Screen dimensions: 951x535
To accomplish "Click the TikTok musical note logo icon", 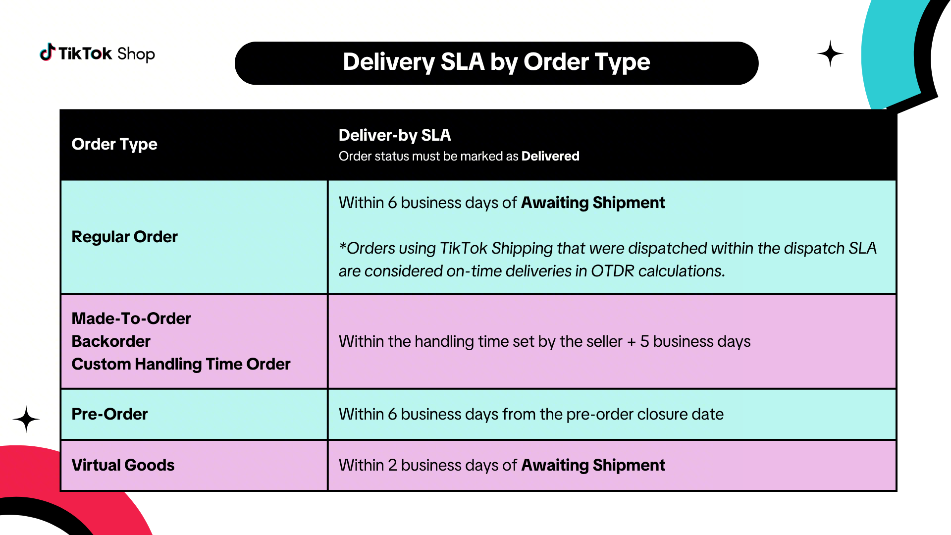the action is [47, 52].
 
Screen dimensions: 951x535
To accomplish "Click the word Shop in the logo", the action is [136, 54].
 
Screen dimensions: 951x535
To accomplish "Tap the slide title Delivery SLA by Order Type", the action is [496, 62].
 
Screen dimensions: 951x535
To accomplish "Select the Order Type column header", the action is [114, 144].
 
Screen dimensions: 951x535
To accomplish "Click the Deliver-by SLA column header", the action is [395, 135].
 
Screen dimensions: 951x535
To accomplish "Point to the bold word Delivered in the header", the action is [550, 156].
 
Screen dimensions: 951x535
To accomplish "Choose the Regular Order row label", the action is [124, 237].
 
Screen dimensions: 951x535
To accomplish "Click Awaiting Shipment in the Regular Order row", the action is [593, 203].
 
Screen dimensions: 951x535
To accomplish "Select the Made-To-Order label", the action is [131, 319].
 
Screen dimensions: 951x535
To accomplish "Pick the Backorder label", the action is [111, 341].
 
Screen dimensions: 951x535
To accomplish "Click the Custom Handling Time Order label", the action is [181, 364].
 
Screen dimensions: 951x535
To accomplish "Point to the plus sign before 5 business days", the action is [631, 342].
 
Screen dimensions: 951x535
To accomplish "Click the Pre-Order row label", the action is [109, 414].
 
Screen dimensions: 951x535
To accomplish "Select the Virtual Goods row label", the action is [123, 465].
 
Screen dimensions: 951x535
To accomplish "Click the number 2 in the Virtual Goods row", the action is [392, 465].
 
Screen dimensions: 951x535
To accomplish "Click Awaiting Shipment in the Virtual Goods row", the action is [593, 466].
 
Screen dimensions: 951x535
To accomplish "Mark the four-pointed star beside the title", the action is [830, 53].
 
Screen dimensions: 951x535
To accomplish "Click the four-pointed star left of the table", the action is [26, 420].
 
